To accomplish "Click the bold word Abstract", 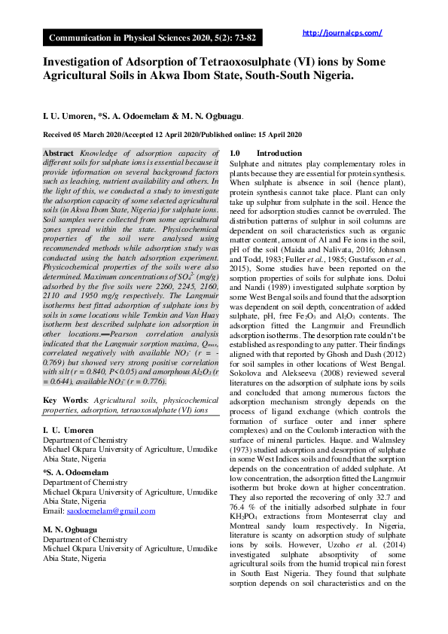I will [58, 153].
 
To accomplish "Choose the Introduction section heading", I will [279, 153].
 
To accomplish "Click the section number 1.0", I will [236, 153].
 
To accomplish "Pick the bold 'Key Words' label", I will [63, 400].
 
